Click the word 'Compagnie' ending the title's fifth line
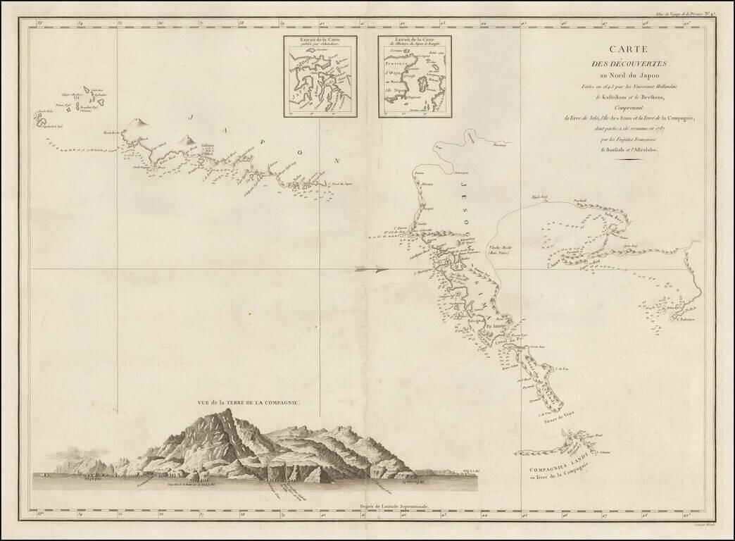[x=674, y=118]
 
